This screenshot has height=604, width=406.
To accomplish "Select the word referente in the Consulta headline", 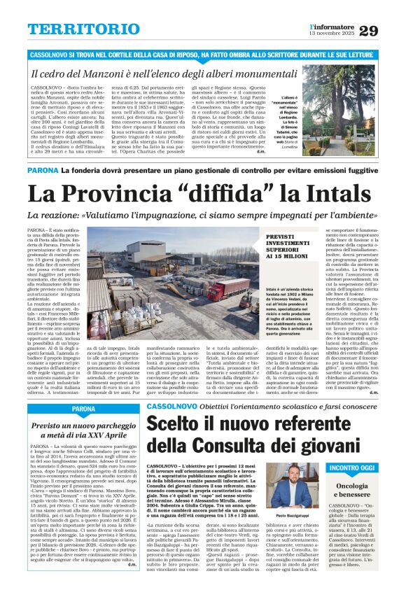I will (291, 422).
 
